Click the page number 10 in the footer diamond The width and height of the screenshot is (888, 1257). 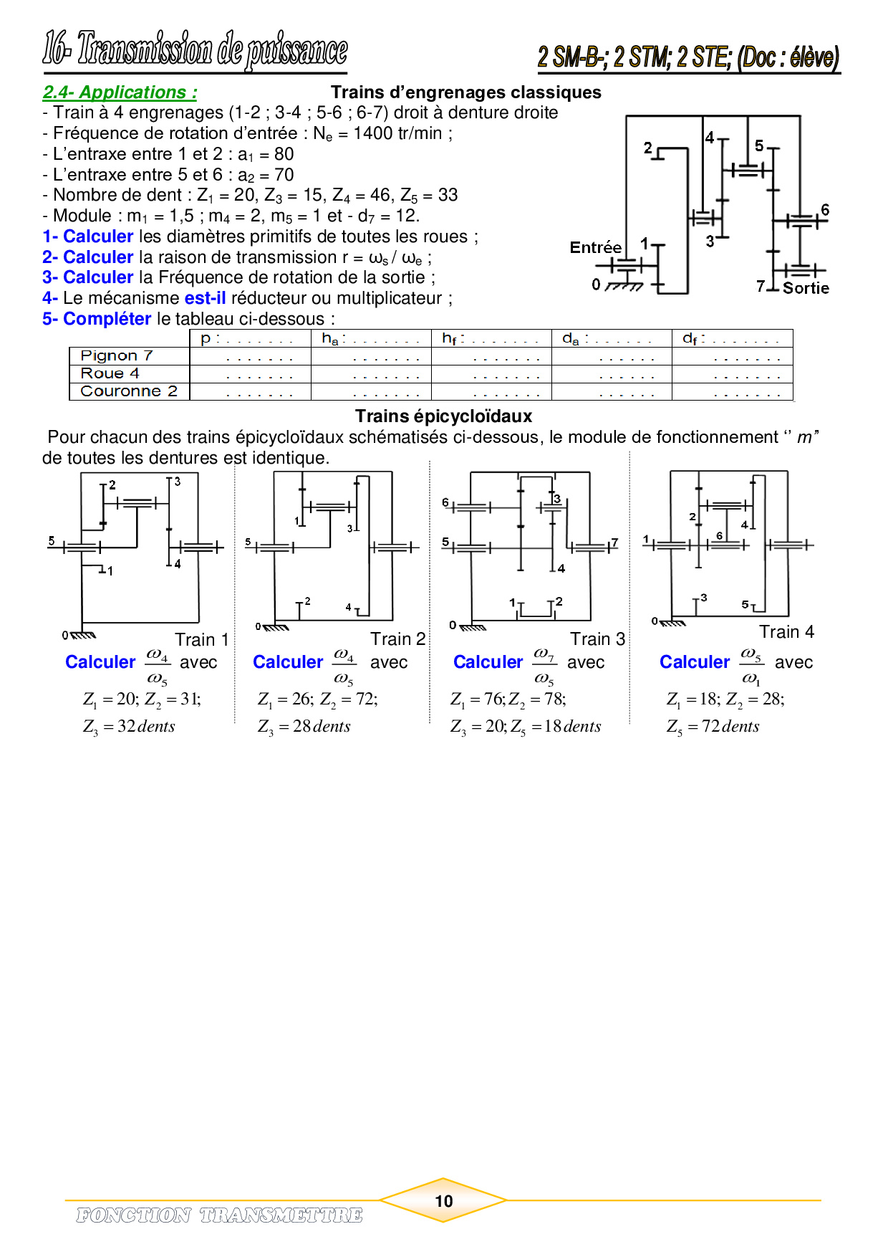pyautogui.click(x=443, y=1201)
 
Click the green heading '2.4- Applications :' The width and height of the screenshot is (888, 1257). pyautogui.click(x=120, y=92)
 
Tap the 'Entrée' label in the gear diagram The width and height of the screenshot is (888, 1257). pyautogui.click(x=595, y=248)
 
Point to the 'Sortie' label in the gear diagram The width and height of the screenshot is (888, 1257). pyautogui.click(x=806, y=288)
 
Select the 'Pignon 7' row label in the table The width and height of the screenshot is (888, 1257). pyautogui.click(x=117, y=356)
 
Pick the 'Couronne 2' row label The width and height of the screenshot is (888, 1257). pyautogui.click(x=129, y=391)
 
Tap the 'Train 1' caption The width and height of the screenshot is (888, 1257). pyautogui.click(x=201, y=639)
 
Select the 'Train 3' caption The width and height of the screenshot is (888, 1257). pyautogui.click(x=597, y=639)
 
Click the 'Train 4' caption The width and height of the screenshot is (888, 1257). pyautogui.click(x=786, y=631)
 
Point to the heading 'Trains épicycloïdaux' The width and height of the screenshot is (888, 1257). pyautogui.click(x=443, y=416)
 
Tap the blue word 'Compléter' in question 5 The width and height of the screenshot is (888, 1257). pyautogui.click(x=107, y=319)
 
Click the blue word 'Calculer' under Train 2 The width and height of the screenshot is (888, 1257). pyautogui.click(x=288, y=662)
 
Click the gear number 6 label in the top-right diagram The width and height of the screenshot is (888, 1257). pyautogui.click(x=825, y=210)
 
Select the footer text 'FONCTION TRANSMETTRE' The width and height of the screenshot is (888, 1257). pyautogui.click(x=219, y=1215)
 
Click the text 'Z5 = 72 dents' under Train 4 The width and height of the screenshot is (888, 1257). pyautogui.click(x=713, y=727)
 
